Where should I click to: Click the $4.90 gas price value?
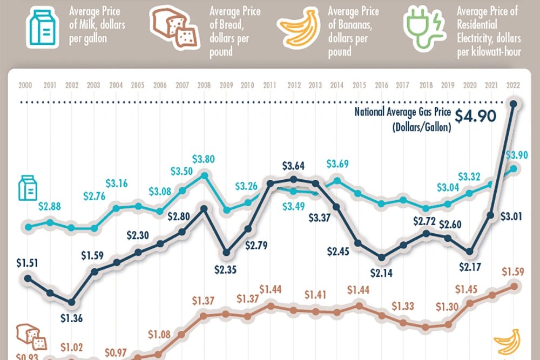[475, 117]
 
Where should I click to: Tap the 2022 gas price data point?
[512, 103]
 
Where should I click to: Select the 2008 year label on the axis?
[204, 85]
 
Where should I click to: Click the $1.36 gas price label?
[71, 317]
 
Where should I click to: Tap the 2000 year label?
[25, 85]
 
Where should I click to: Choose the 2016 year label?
[382, 85]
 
